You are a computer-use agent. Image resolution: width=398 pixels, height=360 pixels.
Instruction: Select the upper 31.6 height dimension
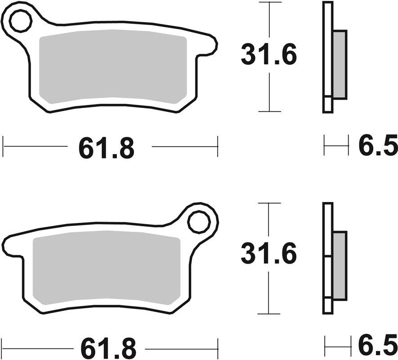coord(269,56)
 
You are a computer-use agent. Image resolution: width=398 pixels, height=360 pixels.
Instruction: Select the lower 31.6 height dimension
coord(268,255)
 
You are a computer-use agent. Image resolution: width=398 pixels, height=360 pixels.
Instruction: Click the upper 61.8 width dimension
coord(107,147)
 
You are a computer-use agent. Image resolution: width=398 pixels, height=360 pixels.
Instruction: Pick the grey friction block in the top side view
coord(340,64)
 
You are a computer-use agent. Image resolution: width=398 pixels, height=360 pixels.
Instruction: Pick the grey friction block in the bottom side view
coord(340,266)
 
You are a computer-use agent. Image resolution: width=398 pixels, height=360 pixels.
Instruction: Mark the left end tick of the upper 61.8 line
coord(3,146)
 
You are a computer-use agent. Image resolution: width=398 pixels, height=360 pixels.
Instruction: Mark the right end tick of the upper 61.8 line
coord(218,146)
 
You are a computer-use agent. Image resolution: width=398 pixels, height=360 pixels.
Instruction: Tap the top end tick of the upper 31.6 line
coord(269,2)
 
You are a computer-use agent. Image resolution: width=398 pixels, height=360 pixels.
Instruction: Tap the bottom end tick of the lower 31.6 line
coord(268,314)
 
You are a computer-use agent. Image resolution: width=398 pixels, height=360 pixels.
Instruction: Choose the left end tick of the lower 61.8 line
coord(3,347)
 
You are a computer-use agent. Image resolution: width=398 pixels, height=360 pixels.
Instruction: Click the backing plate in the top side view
coord(328,56)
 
